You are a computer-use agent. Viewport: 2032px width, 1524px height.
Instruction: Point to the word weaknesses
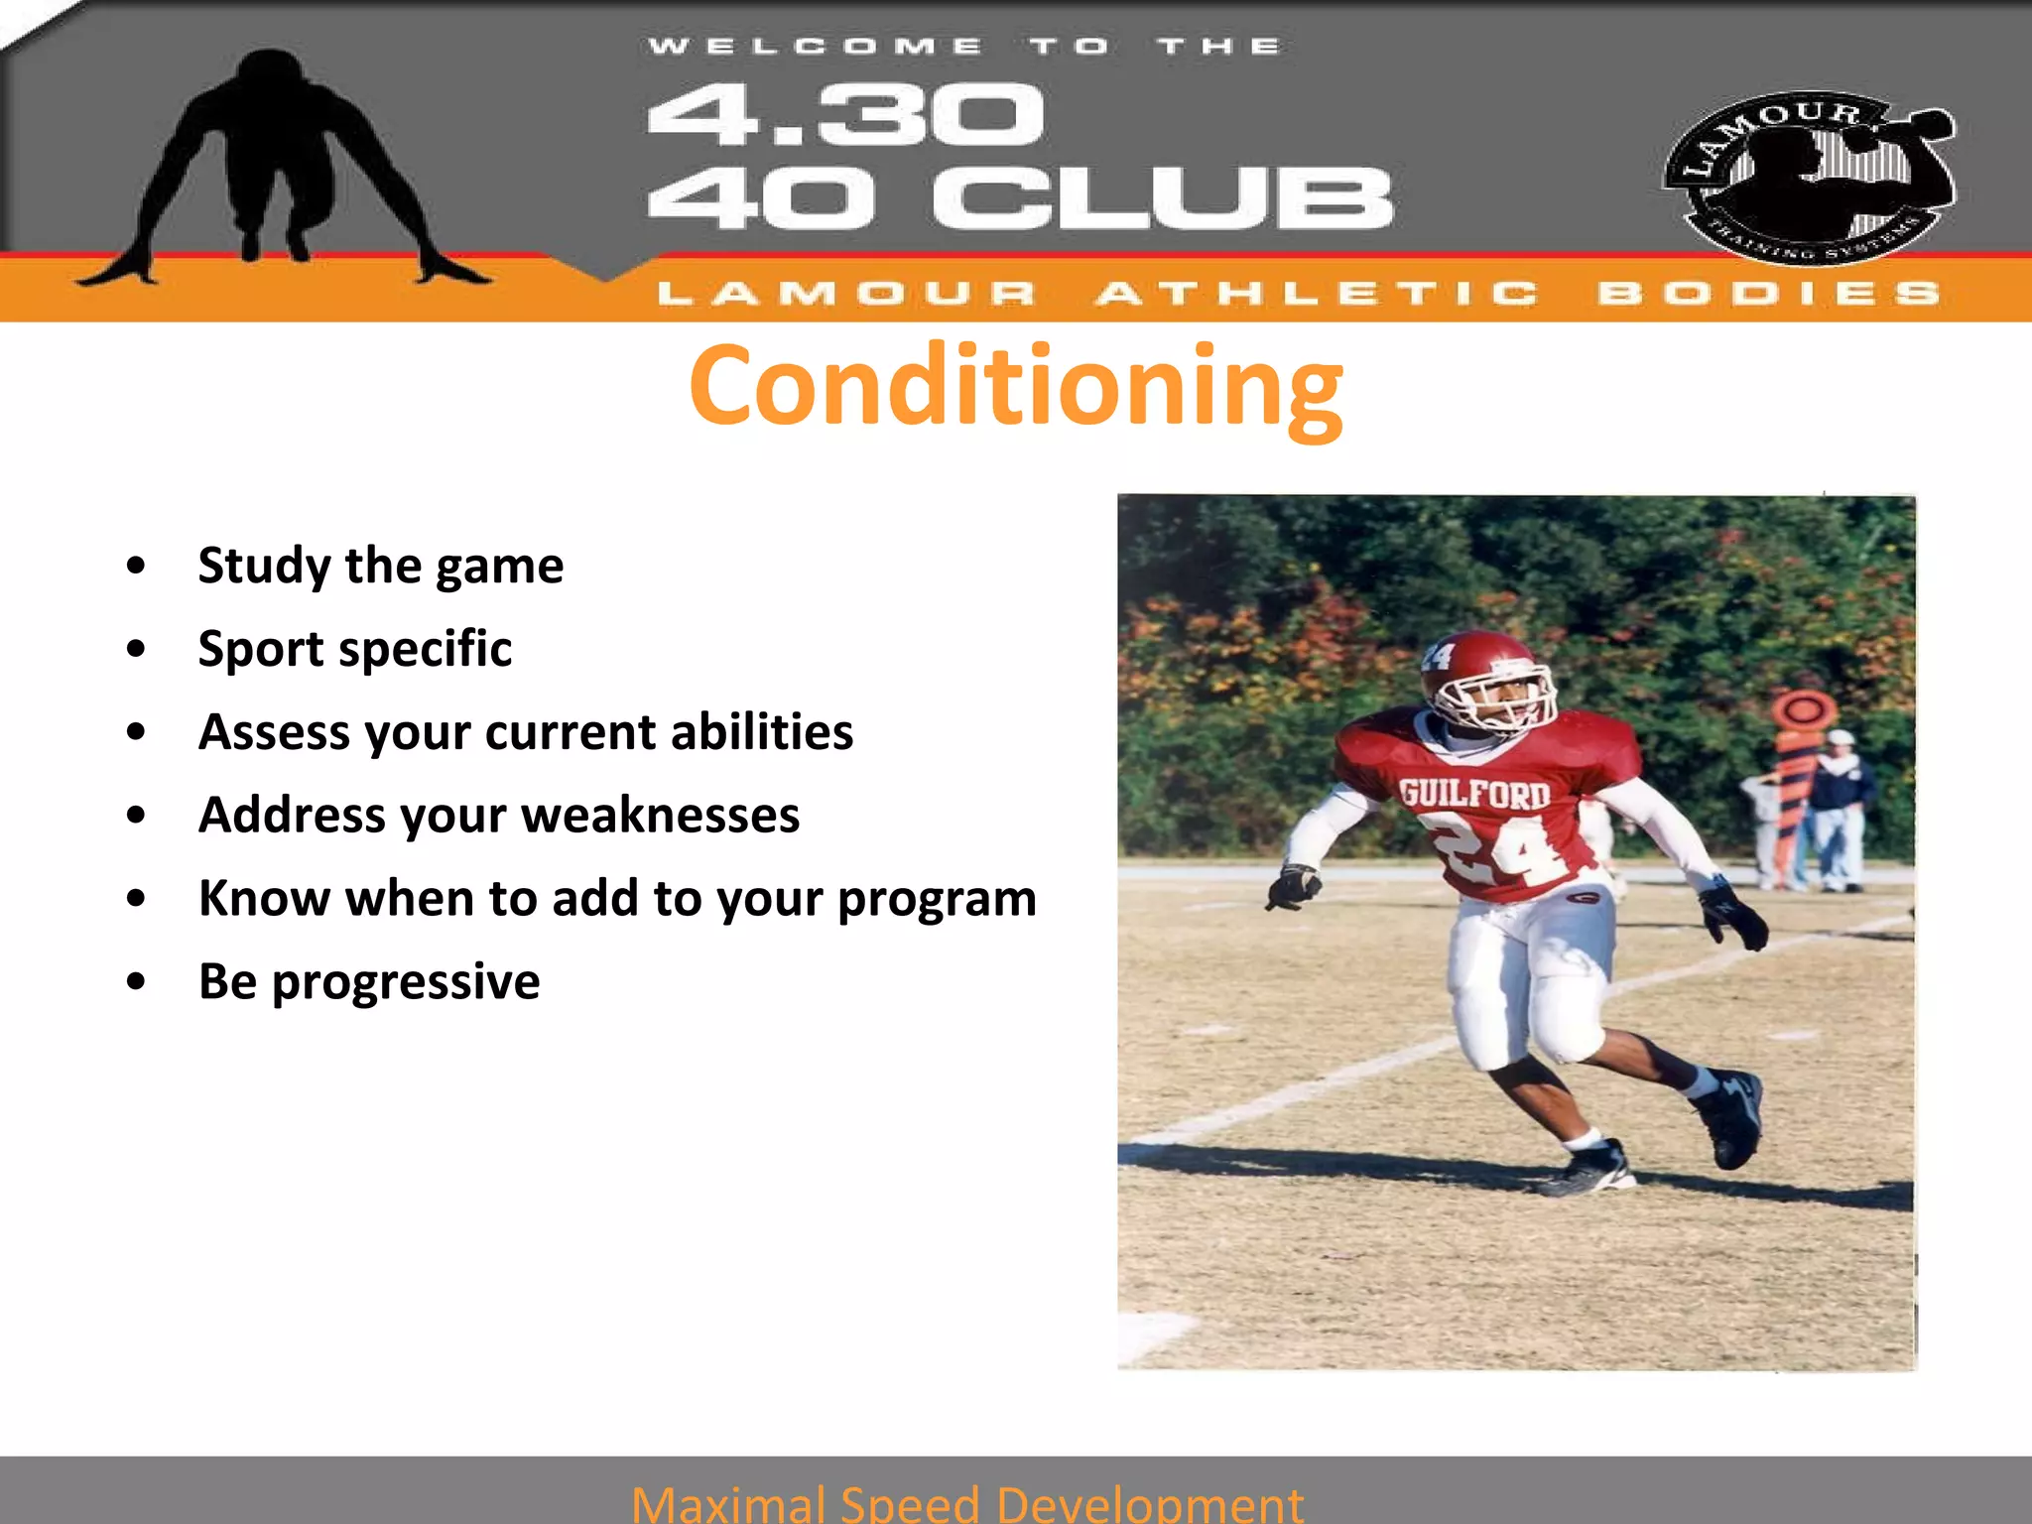[660, 816]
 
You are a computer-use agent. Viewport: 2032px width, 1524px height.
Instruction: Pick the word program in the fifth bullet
[937, 899]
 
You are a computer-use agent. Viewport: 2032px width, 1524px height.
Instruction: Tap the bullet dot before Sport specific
[137, 649]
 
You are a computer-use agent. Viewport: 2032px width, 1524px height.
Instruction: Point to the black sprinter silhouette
[273, 169]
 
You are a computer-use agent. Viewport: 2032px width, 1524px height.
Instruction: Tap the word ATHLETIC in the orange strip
[1317, 294]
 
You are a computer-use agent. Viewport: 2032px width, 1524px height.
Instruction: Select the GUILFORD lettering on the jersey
[1474, 794]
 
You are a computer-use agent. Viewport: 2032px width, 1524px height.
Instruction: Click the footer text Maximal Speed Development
[966, 1503]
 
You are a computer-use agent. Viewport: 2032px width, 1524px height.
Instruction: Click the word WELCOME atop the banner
[814, 46]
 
